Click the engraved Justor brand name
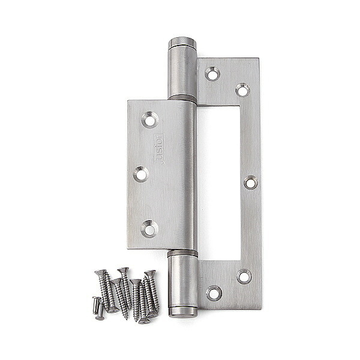tap(159, 149)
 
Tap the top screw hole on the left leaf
tap(150, 119)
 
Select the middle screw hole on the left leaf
tap(141, 174)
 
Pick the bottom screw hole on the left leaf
tap(149, 229)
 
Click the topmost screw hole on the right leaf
tap(212, 74)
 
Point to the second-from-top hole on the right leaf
tap(242, 89)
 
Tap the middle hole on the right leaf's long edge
tap(251, 182)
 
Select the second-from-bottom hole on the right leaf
tap(244, 277)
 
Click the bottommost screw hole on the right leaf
tap(214, 293)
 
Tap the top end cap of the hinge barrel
tap(182, 43)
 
